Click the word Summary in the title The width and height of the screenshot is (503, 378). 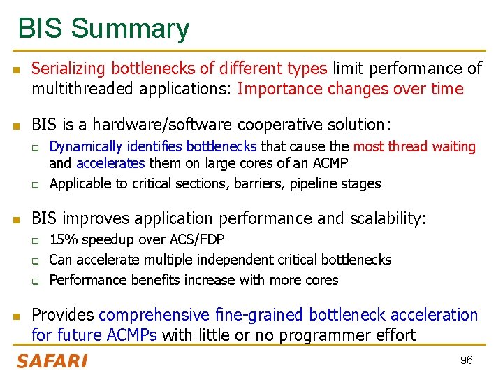point(129,29)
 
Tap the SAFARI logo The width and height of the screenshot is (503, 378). point(52,361)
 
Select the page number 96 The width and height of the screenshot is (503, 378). point(466,360)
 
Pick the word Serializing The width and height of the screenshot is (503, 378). point(68,69)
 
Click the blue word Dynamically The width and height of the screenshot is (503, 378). point(85,146)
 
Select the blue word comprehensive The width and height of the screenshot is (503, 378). point(155,316)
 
